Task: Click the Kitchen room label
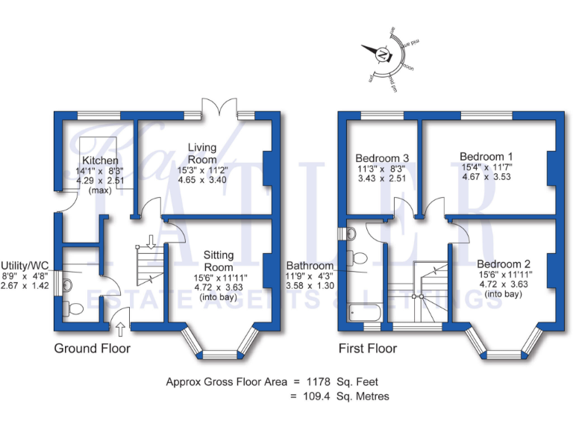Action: tap(100, 161)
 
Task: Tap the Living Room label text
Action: tap(202, 154)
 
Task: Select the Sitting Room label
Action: tap(218, 261)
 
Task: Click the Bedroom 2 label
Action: tap(504, 264)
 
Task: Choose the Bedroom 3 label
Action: tap(382, 158)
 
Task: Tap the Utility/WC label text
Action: tap(25, 264)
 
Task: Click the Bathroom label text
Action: tap(310, 265)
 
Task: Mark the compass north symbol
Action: tap(383, 54)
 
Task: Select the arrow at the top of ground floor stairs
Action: tap(151, 240)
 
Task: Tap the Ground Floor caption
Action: tap(92, 349)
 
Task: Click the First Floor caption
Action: tap(368, 349)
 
